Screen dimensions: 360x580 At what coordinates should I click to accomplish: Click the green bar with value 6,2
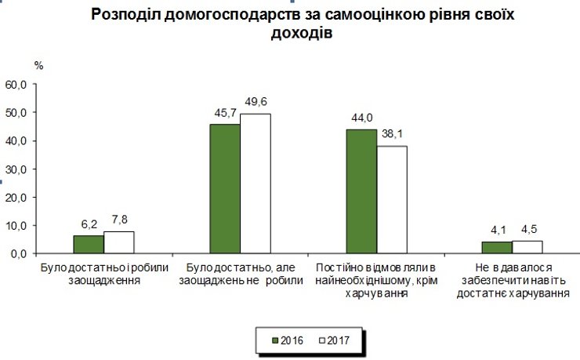pos(88,245)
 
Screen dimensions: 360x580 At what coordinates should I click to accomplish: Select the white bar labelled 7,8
pos(118,242)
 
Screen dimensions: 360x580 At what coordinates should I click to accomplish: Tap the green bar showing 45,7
pos(225,189)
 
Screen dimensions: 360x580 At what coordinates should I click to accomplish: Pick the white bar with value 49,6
pos(255,184)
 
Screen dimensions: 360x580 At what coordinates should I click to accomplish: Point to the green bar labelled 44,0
pos(361,191)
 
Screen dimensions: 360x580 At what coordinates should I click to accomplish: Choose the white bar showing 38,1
pos(392,200)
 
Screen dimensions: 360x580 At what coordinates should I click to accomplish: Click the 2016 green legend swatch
pos(275,340)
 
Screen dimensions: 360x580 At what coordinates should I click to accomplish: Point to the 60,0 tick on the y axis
pos(16,84)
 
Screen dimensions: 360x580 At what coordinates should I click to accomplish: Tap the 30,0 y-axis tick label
pos(16,169)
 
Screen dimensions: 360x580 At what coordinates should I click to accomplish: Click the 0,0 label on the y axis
pos(19,254)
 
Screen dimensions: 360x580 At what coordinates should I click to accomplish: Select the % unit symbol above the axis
pos(38,64)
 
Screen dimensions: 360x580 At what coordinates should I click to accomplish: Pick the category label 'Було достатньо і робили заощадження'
pos(103,274)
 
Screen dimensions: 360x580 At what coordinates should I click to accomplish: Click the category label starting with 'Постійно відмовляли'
pos(376,280)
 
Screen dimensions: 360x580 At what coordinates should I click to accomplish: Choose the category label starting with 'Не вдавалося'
pos(513,280)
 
